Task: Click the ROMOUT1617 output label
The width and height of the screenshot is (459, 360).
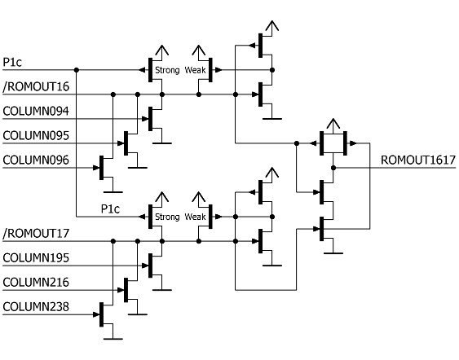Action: pyautogui.click(x=418, y=160)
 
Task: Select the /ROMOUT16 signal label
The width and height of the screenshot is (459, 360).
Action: pyautogui.click(x=36, y=87)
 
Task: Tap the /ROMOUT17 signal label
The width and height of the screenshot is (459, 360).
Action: pyautogui.click(x=36, y=234)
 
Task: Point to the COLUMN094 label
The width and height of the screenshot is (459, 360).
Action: pyautogui.click(x=36, y=112)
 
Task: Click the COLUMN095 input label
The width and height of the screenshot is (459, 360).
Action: pyautogui.click(x=36, y=136)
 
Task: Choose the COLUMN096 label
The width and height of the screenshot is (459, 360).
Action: pyautogui.click(x=36, y=160)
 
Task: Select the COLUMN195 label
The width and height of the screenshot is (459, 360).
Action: pyautogui.click(x=36, y=258)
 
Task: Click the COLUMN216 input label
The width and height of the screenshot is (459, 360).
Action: pyautogui.click(x=36, y=283)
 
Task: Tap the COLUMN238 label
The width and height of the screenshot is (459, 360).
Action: pyautogui.click(x=36, y=307)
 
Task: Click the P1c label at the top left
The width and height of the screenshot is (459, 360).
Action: pyautogui.click(x=12, y=62)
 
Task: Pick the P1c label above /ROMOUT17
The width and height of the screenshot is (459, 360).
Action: pyautogui.click(x=110, y=209)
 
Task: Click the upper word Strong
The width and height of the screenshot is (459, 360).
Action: pyautogui.click(x=167, y=70)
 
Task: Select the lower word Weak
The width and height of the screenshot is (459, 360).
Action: pyautogui.click(x=195, y=217)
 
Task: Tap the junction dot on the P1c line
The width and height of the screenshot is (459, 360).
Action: pyautogui.click(x=77, y=70)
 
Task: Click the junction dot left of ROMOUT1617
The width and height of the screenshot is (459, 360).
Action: pyautogui.click(x=333, y=168)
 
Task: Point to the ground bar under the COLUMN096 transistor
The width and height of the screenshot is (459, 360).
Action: pyautogui.click(x=113, y=192)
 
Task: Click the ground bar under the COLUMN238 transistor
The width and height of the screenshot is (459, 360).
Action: pyautogui.click(x=113, y=339)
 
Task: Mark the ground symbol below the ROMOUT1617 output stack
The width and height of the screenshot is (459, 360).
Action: pyautogui.click(x=333, y=253)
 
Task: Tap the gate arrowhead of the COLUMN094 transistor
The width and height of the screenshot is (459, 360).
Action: pyautogui.click(x=145, y=119)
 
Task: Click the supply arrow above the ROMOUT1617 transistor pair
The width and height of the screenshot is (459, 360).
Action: pyautogui.click(x=333, y=125)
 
